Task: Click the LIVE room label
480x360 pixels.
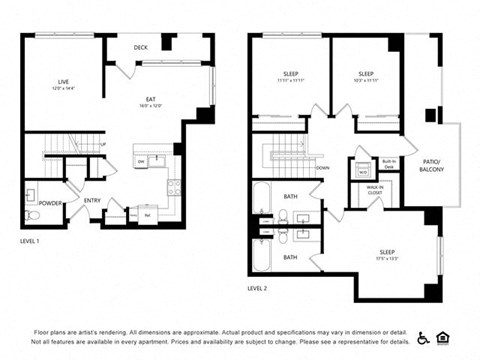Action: [63, 82]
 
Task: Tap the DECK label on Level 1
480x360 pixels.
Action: [141, 46]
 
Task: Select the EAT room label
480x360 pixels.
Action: [151, 100]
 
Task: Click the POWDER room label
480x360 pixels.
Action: [51, 203]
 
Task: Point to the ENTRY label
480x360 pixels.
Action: [92, 200]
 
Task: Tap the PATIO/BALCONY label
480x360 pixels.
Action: [432, 166]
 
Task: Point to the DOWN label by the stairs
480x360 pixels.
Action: [323, 168]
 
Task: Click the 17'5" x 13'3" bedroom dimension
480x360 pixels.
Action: [386, 258]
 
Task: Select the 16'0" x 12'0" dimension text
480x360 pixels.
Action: [151, 107]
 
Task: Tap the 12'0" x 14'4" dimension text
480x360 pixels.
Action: [63, 89]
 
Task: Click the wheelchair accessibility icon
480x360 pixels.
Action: [424, 337]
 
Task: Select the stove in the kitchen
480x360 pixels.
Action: [172, 186]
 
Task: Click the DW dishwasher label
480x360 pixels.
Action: [141, 161]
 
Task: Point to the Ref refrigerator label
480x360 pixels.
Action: [147, 213]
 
